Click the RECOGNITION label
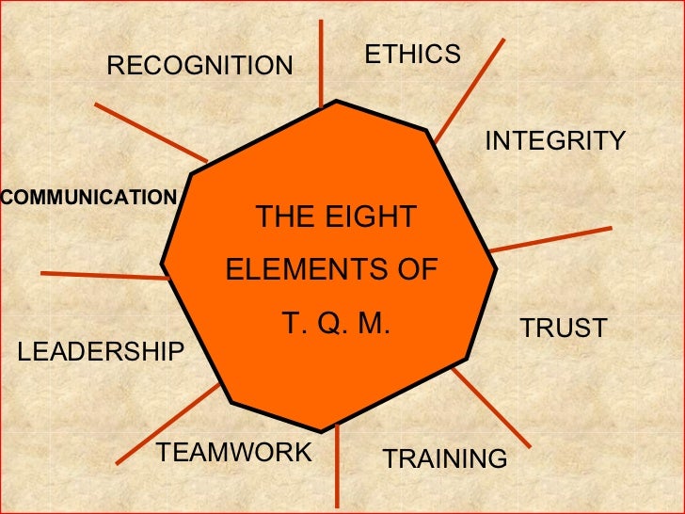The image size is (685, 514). pos(200,66)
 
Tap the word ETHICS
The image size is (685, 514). pos(413,55)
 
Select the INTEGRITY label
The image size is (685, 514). pos(555,141)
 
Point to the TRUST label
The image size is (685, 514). pos(564,329)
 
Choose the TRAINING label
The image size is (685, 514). pos(445,459)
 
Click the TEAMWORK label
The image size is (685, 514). pos(233,453)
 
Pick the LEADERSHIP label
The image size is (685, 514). pos(102,352)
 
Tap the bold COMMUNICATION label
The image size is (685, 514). pos(88,198)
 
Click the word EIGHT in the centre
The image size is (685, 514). pos(371,217)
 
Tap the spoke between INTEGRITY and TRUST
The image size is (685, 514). pos(551,239)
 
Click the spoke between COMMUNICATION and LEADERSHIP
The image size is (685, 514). pos(104,275)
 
